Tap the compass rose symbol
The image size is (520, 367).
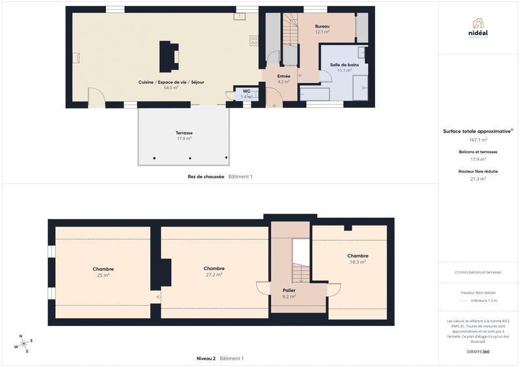22,344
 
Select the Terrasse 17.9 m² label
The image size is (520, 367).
184,136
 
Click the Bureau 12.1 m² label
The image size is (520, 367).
322,29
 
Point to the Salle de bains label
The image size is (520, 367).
344,68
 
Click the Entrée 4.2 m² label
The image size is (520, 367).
283,79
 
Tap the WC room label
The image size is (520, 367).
246,94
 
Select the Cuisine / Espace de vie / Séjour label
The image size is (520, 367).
171,84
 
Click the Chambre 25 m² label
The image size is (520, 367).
103,272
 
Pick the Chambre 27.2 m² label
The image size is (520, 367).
214,272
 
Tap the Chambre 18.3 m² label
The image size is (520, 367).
357,259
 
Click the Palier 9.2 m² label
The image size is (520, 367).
289,294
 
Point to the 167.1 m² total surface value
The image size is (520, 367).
478,139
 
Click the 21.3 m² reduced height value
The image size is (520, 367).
478,179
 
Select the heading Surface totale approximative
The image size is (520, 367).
477,131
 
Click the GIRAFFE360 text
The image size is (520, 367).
478,351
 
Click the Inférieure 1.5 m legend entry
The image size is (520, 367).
484,301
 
